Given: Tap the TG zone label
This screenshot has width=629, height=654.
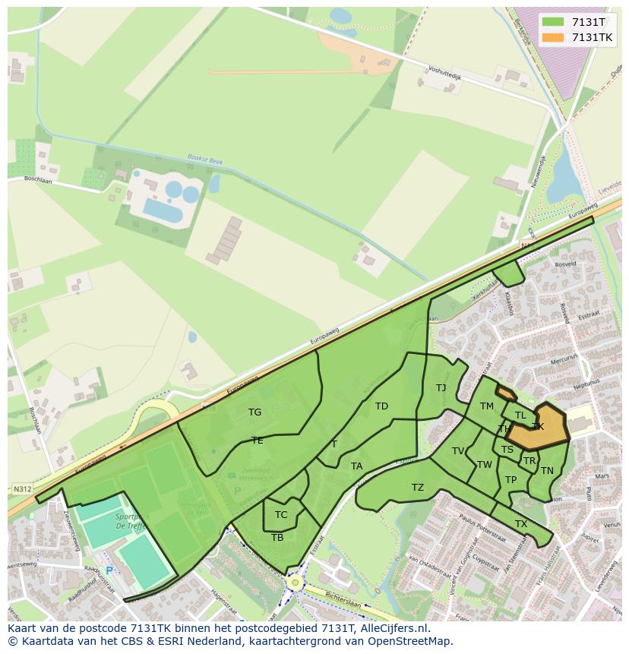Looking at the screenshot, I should coord(254,412).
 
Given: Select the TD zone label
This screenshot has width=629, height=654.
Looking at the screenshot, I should coord(381,406).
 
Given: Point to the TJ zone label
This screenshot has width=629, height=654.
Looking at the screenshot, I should coord(441,388).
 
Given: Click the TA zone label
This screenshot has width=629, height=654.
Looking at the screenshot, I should coord(356,466).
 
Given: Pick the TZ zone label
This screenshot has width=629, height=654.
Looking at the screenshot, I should coord(418,488).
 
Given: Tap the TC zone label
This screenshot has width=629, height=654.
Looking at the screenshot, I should coord(281,514).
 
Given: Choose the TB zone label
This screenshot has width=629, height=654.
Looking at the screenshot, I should coord(277,537).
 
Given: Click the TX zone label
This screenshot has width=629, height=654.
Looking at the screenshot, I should coord(521,524).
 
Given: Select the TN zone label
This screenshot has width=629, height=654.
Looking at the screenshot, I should coord(547,471).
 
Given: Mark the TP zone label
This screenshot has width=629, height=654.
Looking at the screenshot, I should coord(510,480).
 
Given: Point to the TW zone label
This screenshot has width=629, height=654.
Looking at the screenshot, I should coord(484,465).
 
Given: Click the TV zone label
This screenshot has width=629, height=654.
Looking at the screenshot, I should coord(458,451).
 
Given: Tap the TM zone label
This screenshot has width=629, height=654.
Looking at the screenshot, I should coord(487,406).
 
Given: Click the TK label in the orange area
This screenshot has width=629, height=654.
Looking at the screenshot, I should coord(538,427).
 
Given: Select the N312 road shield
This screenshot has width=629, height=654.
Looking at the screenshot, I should coord(22,489).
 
